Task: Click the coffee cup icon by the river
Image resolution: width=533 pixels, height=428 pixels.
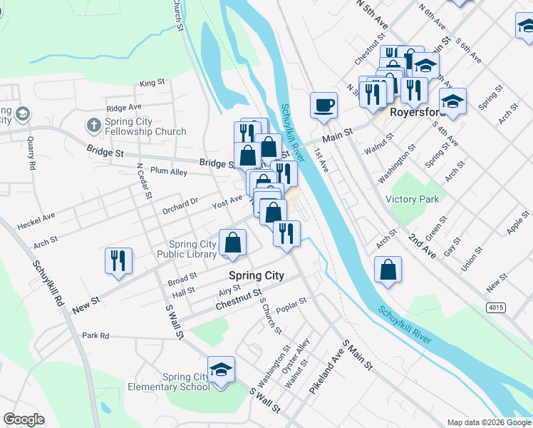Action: pos(324,105)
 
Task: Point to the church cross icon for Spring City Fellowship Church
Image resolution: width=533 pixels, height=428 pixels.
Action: pos(93,126)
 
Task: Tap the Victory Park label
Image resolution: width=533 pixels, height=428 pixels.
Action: pos(413,199)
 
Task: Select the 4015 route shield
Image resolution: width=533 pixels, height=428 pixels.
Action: pos(497,307)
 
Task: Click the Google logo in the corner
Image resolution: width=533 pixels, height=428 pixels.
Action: pos(24,419)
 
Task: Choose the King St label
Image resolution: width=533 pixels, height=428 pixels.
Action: pos(152,83)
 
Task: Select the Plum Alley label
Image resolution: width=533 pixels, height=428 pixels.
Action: pos(169,172)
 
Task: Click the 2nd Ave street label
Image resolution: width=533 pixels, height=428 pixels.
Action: pos(423,245)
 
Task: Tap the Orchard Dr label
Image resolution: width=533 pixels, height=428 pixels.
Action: pos(180,202)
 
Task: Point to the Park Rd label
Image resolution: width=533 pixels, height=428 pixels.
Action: pos(95,335)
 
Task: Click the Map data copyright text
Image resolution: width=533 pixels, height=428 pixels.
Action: pos(488,422)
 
